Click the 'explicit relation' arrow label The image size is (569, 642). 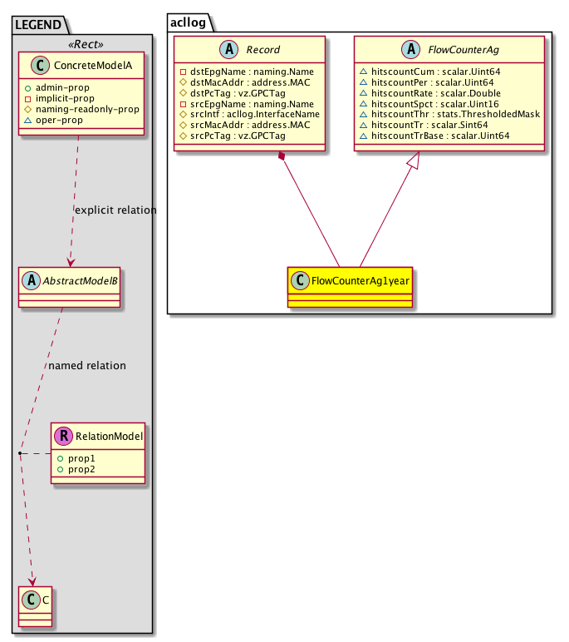pos(115,210)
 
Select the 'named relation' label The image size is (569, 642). pos(87,365)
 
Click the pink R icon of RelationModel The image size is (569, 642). pos(64,435)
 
